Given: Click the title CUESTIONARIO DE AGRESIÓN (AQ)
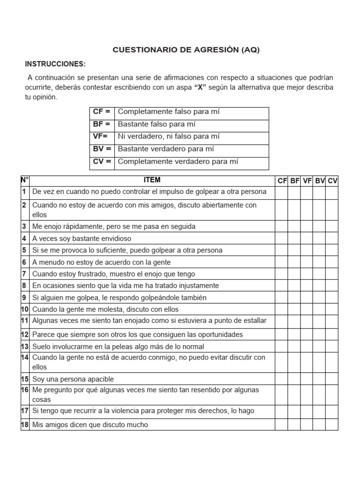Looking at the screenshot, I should tap(186, 50).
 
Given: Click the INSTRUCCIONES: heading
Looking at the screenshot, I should tap(55, 64).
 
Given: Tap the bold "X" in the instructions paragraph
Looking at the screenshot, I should tap(200, 88).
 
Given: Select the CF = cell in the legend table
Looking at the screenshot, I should tap(102, 112).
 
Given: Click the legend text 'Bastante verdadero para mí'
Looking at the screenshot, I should tap(166, 149).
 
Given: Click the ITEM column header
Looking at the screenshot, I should tap(152, 180).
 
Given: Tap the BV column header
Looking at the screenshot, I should tap(320, 180).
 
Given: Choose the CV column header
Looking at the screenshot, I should tap(332, 180).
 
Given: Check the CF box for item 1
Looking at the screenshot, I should tap(281, 192).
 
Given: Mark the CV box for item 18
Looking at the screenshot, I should tap(332, 425).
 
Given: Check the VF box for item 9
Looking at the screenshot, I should tap(307, 298).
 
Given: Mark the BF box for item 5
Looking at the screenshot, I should tap(294, 250).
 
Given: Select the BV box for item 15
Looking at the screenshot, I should tap(320, 379).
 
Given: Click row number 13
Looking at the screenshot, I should tap(25, 347).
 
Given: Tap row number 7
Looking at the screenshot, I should tap(24, 274).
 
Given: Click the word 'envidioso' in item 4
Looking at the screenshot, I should tap(116, 239).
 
